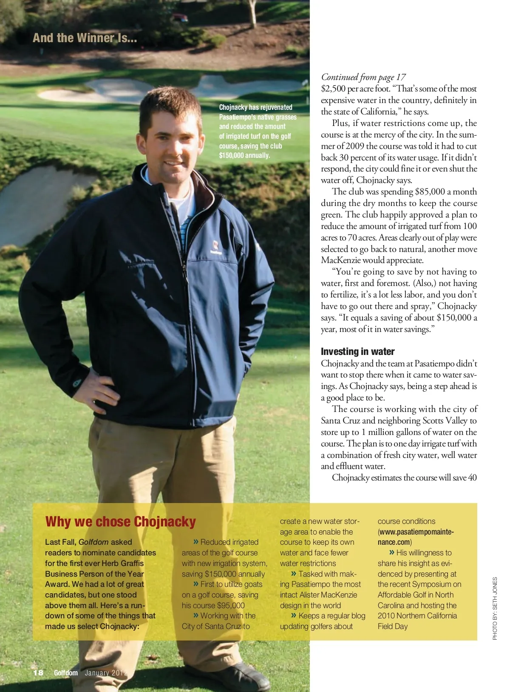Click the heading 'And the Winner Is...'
[x=85, y=38]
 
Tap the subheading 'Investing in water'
[x=357, y=352]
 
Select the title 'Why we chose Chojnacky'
[x=120, y=522]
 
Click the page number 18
[x=38, y=672]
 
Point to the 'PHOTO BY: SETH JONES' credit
[x=495, y=608]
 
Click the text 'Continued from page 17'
[x=363, y=77]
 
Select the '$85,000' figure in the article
[x=430, y=192]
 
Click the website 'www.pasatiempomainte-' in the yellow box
[x=416, y=532]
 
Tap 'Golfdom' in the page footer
[x=65, y=673]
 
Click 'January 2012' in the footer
[x=106, y=673]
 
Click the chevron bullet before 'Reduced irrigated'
[x=196, y=542]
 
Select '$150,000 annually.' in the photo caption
[x=244, y=155]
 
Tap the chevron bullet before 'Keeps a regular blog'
[x=294, y=615]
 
